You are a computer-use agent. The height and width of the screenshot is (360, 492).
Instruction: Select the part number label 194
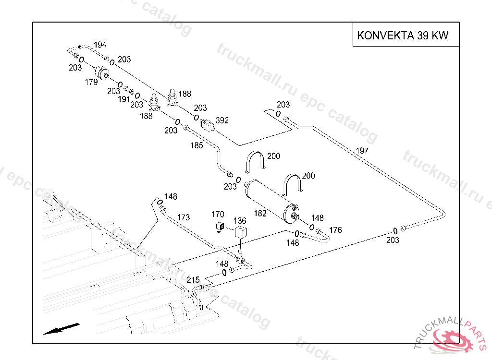[x=100, y=45]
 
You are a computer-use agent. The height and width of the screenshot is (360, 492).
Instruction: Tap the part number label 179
[x=91, y=82]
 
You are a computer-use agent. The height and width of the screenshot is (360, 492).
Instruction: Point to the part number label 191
[x=124, y=99]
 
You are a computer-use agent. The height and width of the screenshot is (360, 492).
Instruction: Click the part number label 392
[x=222, y=120]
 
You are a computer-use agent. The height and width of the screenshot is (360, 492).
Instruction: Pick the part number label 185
[x=197, y=145]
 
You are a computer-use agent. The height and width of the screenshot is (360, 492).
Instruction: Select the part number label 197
[x=362, y=151]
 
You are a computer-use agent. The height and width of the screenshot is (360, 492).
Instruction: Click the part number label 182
[x=260, y=214]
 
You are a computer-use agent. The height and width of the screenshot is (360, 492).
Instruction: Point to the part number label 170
[x=218, y=214]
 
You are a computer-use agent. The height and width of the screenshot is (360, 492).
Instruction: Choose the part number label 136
[x=240, y=221]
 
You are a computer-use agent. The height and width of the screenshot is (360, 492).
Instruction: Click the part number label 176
[x=335, y=230]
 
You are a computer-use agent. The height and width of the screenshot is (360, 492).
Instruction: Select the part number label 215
[x=193, y=280]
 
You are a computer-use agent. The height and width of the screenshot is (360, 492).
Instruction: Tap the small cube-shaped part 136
[x=240, y=232]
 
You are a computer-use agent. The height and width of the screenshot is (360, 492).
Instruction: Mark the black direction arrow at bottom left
[x=61, y=328]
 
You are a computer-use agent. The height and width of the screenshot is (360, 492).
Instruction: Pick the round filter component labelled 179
[x=102, y=73]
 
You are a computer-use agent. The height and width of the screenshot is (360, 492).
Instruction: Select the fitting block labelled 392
[x=207, y=126]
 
